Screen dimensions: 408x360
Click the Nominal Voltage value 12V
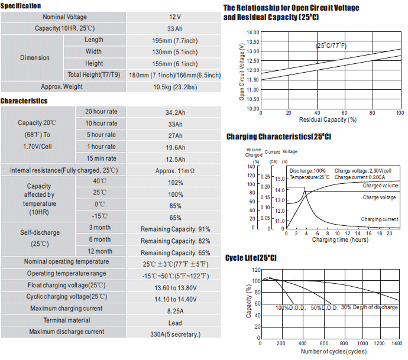tap(175, 17)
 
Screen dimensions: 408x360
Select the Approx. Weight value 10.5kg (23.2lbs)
tap(175, 87)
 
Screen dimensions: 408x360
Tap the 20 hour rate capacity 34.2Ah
tap(176, 113)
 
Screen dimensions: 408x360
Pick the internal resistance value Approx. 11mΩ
tap(175, 171)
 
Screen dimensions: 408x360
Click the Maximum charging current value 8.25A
tap(176, 311)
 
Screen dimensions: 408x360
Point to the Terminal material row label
tap(67, 320)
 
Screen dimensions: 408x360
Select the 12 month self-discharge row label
tap(100, 251)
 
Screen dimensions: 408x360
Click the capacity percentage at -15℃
tap(176, 218)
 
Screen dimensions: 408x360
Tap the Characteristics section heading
tap(24, 101)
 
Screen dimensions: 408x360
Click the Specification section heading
tap(21, 6)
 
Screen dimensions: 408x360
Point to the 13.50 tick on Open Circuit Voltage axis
tap(253, 42)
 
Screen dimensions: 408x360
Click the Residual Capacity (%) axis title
tap(328, 119)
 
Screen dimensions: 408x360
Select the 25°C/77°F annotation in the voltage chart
tap(331, 46)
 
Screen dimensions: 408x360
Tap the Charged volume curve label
tap(380, 186)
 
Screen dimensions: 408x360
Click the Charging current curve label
tap(380, 219)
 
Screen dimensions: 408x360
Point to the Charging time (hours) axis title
tap(341, 239)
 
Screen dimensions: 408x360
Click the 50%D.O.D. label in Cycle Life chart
tap(325, 308)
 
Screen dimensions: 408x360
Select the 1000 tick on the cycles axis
tap(362, 343)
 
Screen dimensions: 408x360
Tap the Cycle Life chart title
tap(251, 258)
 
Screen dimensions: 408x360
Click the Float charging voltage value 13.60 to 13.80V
tap(176, 288)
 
